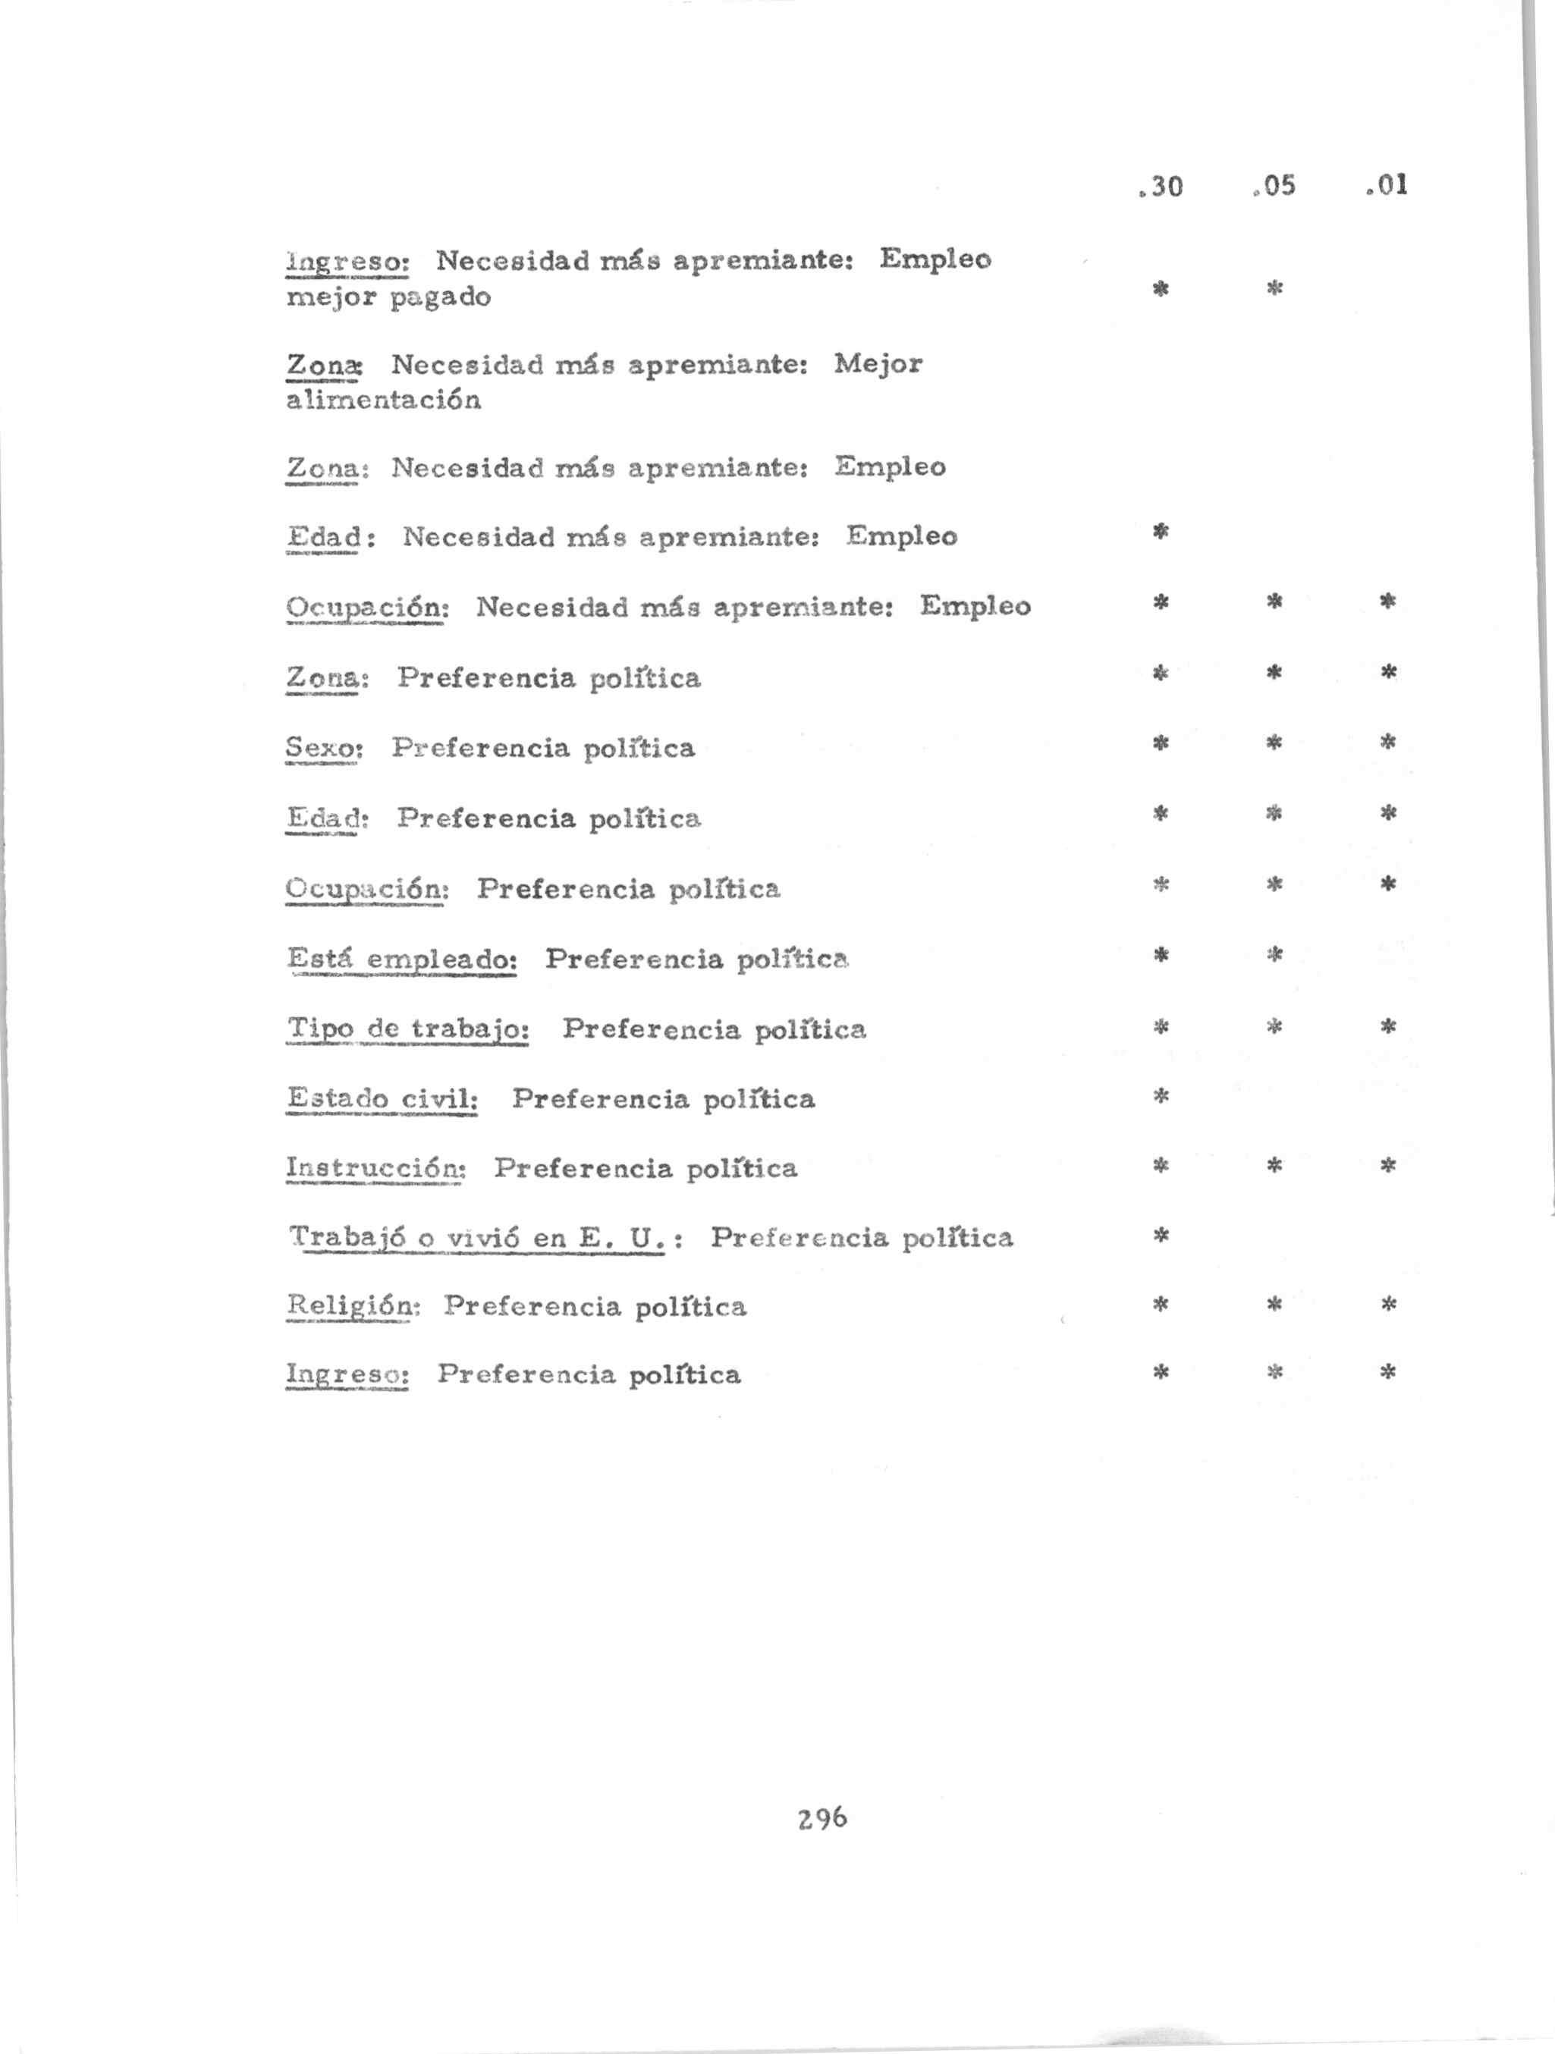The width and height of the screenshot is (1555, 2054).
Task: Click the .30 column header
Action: point(1161,187)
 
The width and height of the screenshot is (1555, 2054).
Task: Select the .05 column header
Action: point(1274,187)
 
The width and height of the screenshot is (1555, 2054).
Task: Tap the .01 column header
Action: point(1388,186)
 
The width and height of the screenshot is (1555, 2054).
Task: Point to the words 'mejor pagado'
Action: point(388,298)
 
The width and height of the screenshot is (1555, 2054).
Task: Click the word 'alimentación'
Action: point(383,400)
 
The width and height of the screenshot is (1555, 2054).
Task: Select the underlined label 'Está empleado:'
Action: point(402,958)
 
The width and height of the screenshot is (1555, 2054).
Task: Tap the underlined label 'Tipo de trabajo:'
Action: point(409,1029)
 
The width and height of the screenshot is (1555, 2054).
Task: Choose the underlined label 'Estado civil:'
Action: point(382,1099)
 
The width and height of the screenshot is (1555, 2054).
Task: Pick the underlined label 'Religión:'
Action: point(353,1306)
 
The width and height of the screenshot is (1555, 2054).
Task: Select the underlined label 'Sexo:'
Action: point(323,748)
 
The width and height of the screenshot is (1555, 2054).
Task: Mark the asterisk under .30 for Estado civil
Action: point(1161,1097)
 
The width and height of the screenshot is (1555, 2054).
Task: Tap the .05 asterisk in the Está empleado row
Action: point(1274,953)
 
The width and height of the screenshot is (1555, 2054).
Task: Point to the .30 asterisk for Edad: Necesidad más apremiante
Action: point(1161,532)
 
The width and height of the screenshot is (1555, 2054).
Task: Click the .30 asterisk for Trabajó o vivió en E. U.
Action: point(1161,1236)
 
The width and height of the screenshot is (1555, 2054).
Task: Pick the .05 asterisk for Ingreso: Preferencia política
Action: point(1274,1372)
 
